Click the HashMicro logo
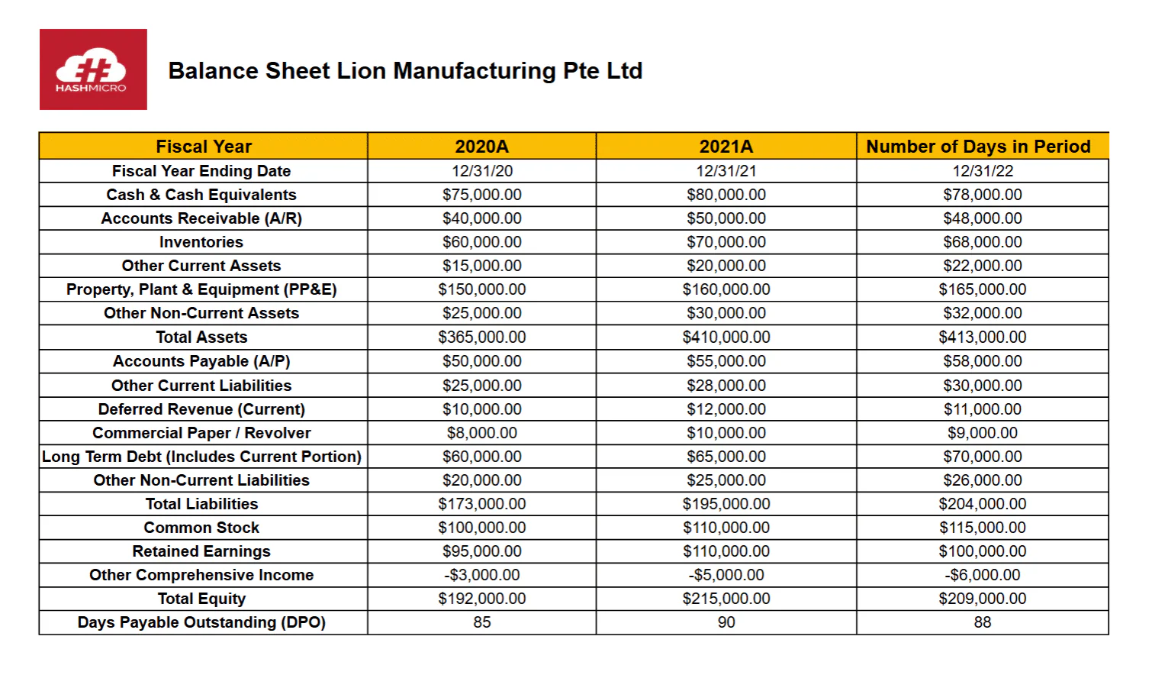[93, 69]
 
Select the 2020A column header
[482, 146]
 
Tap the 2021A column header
[726, 146]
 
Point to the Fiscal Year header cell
[204, 146]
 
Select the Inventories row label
[201, 242]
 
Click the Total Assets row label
[201, 337]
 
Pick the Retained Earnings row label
[201, 551]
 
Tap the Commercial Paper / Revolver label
[201, 433]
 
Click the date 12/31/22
[983, 171]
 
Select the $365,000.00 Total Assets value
[482, 337]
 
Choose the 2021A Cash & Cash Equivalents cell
[726, 195]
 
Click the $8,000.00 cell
[482, 433]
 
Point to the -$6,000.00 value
[983, 575]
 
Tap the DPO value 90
[726, 622]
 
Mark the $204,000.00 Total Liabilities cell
[983, 504]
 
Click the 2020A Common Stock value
[482, 528]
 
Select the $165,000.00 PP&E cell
[983, 289]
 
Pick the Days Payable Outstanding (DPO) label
[201, 622]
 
